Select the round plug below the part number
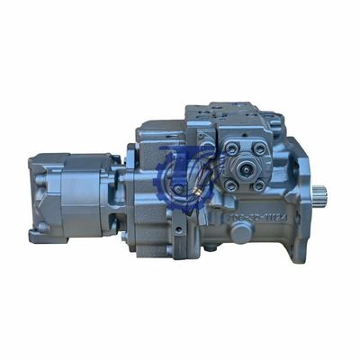(x=241, y=231)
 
